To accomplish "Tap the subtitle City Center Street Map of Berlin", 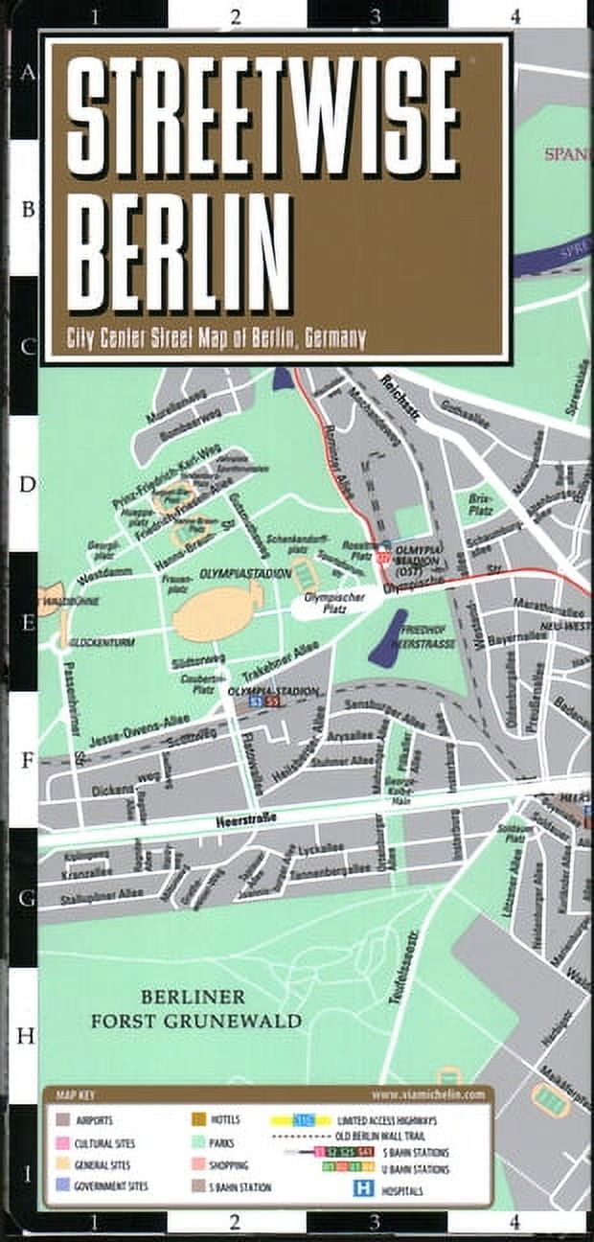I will click(216, 337).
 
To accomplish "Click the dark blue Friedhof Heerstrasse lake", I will click(387, 636).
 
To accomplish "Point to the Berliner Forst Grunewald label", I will click(195, 1009).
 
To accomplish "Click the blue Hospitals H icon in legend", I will click(363, 1187).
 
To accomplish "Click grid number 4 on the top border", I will click(514, 16).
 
